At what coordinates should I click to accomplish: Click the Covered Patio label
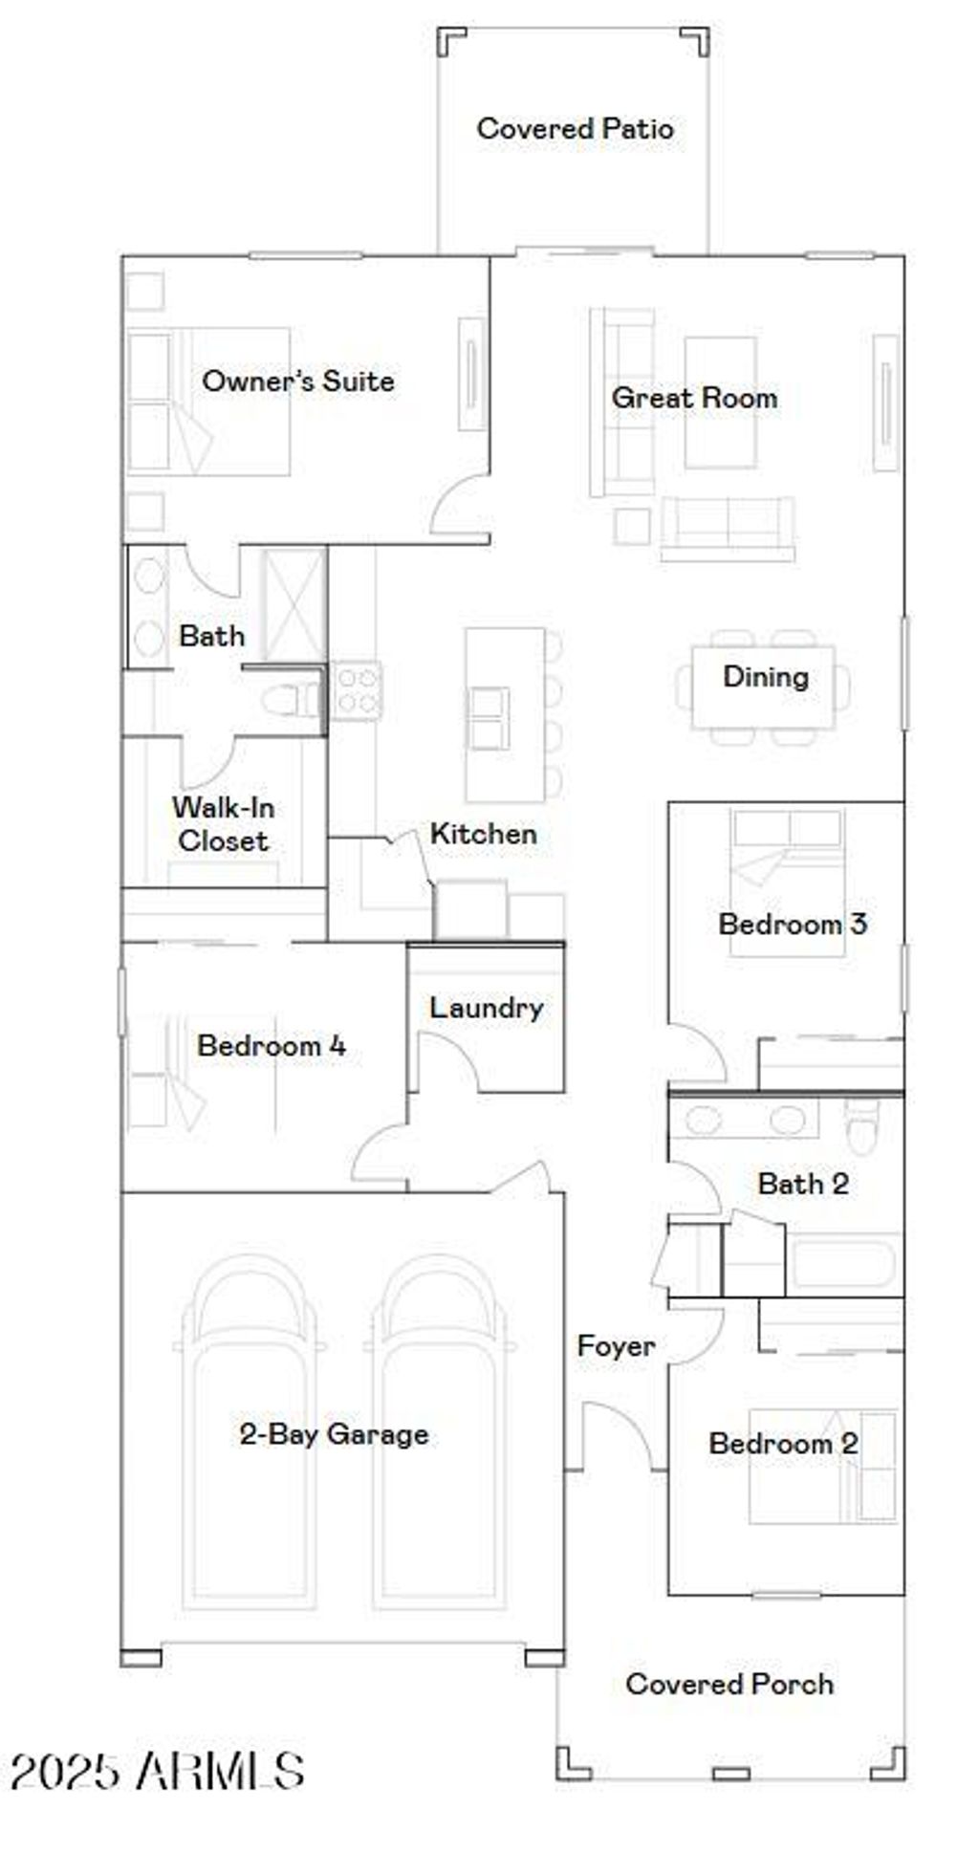[575, 128]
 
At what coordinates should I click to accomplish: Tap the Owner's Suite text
[297, 381]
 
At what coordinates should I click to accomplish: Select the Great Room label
[694, 397]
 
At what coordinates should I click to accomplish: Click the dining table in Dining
[763, 687]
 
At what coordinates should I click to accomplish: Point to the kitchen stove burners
[358, 690]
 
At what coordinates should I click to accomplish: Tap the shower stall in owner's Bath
[294, 604]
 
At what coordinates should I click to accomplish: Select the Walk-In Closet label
[223, 824]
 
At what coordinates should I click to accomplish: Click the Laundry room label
[486, 1007]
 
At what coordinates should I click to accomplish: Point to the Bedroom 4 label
[271, 1045]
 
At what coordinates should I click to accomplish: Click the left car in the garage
[250, 1434]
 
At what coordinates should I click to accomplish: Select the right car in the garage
[439, 1434]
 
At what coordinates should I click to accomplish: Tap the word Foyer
[616, 1346]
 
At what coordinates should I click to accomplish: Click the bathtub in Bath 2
[841, 1262]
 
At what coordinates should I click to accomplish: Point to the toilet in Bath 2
[861, 1128]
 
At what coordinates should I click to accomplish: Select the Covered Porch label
[729, 1683]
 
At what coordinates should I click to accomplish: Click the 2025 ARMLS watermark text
[158, 1771]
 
